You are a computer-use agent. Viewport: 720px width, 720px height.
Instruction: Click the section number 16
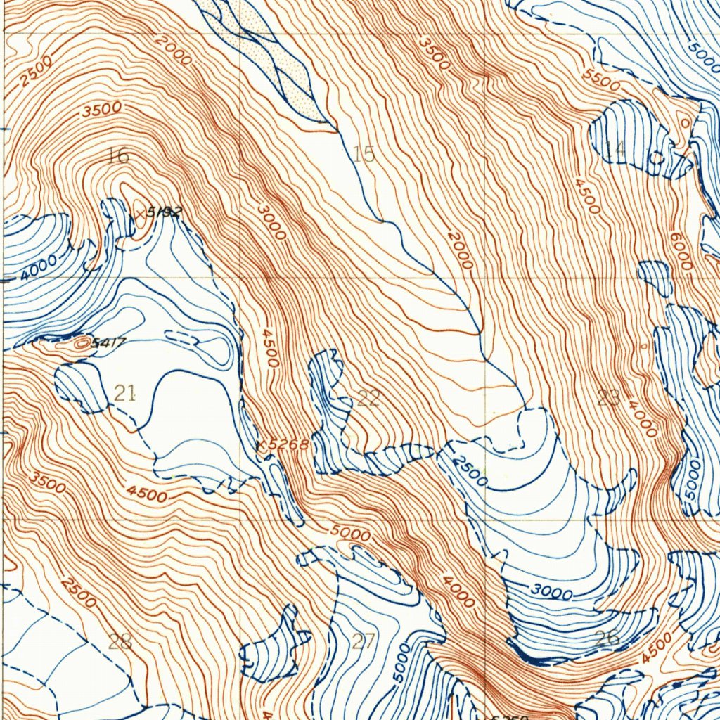(118, 155)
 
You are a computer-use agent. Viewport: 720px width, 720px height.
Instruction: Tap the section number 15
(364, 154)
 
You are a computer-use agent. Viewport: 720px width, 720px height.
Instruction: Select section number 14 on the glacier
(615, 148)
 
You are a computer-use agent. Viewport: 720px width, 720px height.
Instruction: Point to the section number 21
(124, 394)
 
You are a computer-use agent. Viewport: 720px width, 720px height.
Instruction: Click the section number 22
(368, 399)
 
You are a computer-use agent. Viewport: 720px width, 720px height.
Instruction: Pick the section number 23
(608, 399)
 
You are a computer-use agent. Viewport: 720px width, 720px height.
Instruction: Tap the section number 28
(120, 641)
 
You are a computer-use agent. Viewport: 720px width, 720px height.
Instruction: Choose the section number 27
(364, 641)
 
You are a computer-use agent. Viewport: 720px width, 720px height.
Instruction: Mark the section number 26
(607, 638)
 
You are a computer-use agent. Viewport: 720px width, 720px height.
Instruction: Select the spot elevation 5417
(109, 344)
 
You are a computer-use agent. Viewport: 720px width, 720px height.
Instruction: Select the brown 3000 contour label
(271, 221)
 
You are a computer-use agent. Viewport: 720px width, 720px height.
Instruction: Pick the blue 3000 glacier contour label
(552, 592)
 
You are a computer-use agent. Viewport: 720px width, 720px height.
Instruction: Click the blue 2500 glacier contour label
(470, 470)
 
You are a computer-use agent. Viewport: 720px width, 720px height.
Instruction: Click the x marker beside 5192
(141, 212)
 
